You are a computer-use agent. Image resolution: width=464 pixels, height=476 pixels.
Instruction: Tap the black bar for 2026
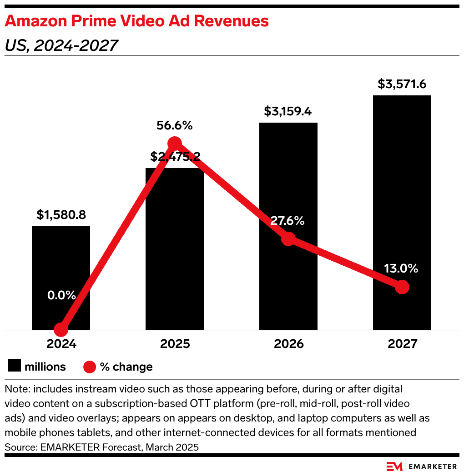[288, 182]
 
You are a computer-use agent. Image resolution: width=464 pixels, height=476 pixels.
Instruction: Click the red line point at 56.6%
[175, 144]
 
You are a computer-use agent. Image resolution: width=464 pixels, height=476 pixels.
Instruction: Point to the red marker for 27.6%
[288, 239]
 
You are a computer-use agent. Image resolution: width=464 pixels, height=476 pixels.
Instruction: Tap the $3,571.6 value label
[402, 84]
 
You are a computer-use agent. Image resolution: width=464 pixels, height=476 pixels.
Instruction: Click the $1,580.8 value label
[61, 215]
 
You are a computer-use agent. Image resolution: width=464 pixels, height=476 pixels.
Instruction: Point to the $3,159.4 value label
[288, 112]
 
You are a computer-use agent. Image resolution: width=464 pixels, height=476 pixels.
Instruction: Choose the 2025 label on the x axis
[175, 344]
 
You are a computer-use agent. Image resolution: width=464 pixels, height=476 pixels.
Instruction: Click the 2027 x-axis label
[402, 344]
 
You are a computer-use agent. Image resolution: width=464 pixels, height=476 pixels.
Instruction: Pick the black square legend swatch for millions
[14, 366]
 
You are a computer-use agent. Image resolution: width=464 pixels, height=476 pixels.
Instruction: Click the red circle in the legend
[90, 367]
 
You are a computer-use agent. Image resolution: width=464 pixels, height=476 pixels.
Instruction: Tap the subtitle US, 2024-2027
[61, 45]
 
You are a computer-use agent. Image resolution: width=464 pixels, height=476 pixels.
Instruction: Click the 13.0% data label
[401, 268]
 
